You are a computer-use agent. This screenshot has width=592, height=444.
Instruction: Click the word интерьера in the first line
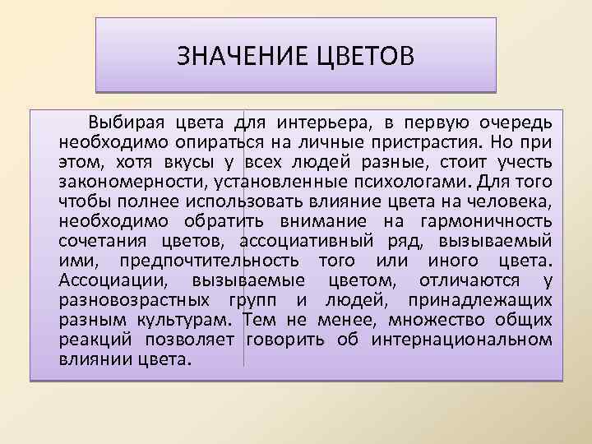pyautogui.click(x=323, y=123)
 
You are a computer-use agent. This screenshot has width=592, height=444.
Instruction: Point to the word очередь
pyautogui.click(x=514, y=123)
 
